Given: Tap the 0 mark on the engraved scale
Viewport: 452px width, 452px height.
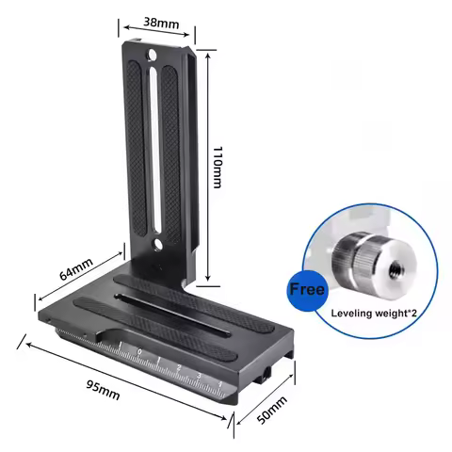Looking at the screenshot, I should coord(139,353).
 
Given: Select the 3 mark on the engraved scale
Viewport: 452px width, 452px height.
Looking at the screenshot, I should coord(199,375).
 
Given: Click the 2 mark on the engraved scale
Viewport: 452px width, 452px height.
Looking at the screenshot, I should coord(180,368).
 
